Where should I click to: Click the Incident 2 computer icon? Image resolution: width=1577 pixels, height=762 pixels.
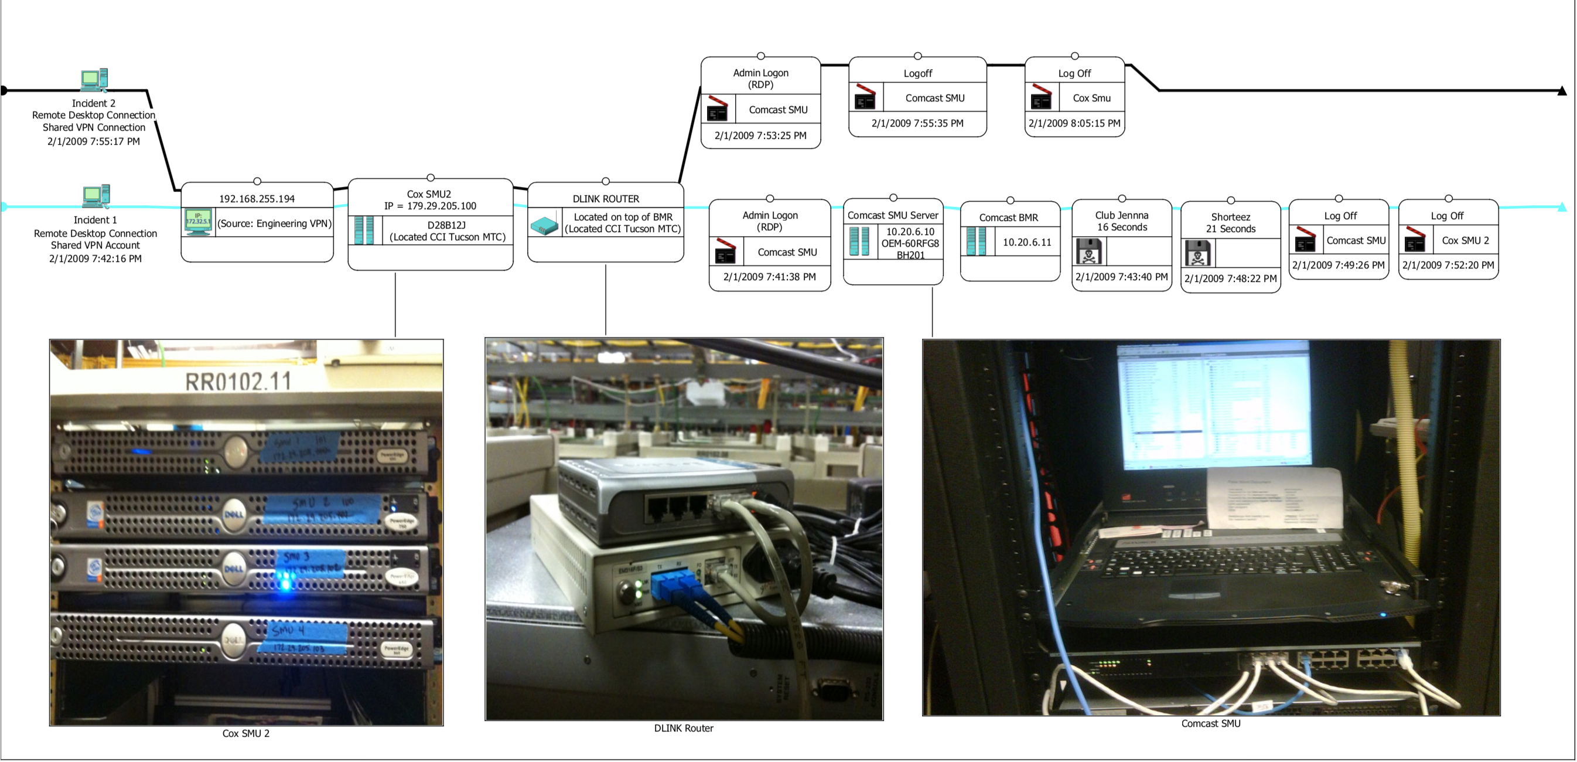[x=94, y=79]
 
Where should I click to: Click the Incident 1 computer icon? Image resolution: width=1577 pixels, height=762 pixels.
[x=95, y=195]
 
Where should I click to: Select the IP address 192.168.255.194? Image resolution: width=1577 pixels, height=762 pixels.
[x=257, y=199]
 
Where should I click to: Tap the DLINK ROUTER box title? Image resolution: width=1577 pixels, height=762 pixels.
[x=606, y=199]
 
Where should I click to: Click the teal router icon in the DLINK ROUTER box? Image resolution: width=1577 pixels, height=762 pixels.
[x=544, y=225]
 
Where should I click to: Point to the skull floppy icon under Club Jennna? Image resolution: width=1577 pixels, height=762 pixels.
[x=1088, y=251]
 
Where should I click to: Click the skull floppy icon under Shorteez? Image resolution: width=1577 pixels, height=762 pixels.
[x=1198, y=253]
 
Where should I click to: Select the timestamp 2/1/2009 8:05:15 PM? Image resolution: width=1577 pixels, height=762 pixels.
[x=1074, y=123]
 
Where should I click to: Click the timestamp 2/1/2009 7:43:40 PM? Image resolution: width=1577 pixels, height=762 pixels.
[x=1121, y=277]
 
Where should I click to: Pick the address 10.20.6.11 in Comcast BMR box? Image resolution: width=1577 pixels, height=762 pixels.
[x=1027, y=242]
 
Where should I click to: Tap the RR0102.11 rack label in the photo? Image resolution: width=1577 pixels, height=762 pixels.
[x=238, y=382]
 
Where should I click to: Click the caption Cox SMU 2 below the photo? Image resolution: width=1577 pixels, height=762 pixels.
[x=245, y=733]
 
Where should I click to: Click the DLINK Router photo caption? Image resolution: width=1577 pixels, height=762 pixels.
[x=683, y=727]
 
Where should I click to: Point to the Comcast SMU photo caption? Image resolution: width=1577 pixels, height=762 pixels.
[x=1210, y=723]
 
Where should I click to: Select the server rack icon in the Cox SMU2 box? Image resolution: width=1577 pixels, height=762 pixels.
[x=364, y=230]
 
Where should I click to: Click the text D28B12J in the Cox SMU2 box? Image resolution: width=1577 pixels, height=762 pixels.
[x=446, y=225]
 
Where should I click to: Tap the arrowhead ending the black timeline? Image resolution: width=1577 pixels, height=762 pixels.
[x=1562, y=91]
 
